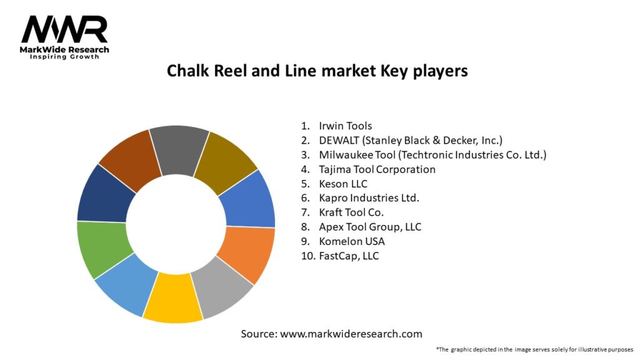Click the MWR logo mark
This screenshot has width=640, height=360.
pyautogui.click(x=64, y=29)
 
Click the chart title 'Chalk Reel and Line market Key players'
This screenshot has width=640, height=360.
pyautogui.click(x=317, y=71)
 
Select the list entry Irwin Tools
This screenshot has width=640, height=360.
pyautogui.click(x=345, y=126)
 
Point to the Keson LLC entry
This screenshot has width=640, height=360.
pyautogui.click(x=343, y=184)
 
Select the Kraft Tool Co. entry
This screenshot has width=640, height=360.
pyautogui.click(x=351, y=212)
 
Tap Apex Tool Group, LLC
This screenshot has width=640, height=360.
pyautogui.click(x=370, y=227)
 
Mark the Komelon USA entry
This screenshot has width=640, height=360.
pyautogui.click(x=351, y=241)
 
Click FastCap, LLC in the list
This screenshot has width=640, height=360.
pyautogui.click(x=348, y=256)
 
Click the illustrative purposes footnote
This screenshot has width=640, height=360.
pyautogui.click(x=535, y=349)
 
